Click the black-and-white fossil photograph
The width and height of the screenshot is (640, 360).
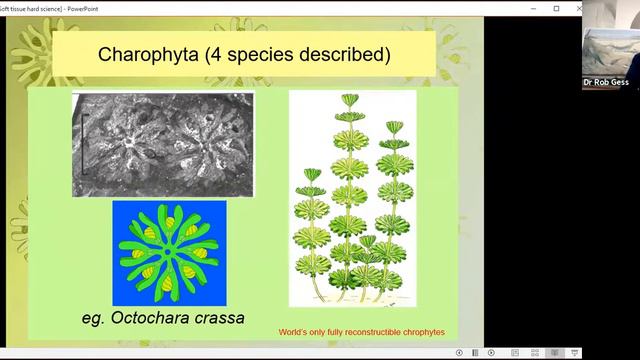pyautogui.click(x=162, y=144)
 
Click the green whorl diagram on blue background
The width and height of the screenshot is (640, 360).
pyautogui.click(x=169, y=253)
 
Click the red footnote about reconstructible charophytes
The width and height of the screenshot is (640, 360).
pyautogui.click(x=362, y=332)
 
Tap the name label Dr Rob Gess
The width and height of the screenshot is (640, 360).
pyautogui.click(x=607, y=82)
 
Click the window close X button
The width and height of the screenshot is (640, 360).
pyautogui.click(x=579, y=8)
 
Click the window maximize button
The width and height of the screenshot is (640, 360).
pyautogui.click(x=556, y=8)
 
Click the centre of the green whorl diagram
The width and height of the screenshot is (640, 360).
pyautogui.click(x=169, y=253)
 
